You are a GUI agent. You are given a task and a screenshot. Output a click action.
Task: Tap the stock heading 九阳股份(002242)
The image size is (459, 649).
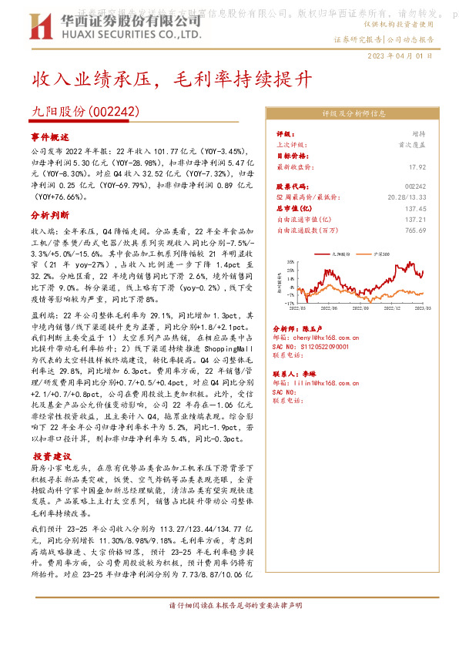pos(85,112)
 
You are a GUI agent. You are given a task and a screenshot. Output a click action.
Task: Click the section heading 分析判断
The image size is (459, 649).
pos(50,217)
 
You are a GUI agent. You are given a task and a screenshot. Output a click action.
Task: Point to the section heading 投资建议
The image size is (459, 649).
pos(50,456)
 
